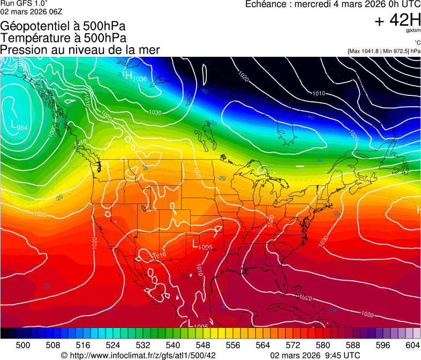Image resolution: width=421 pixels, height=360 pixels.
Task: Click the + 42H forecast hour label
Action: click(397, 20)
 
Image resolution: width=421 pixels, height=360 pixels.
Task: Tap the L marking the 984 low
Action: click(14, 124)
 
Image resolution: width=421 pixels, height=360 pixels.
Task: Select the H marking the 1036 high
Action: click(128, 76)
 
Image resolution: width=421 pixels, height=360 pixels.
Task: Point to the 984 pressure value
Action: click(22, 128)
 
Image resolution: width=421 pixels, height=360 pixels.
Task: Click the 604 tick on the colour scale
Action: click(414, 345)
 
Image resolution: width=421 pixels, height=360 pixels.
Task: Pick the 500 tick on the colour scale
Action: click(23, 345)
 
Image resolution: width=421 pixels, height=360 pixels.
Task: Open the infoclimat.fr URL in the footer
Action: click(142, 355)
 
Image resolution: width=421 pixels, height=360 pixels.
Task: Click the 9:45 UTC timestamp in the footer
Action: click(341, 355)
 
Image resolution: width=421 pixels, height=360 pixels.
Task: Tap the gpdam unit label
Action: click(414, 31)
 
